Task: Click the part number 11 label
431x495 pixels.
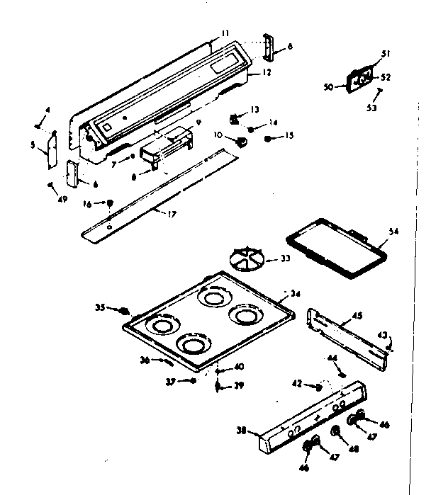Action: click(225, 33)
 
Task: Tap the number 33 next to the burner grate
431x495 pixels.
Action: click(285, 258)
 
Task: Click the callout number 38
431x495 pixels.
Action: click(242, 430)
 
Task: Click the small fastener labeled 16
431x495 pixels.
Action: click(111, 203)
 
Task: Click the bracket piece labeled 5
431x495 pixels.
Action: click(50, 152)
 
